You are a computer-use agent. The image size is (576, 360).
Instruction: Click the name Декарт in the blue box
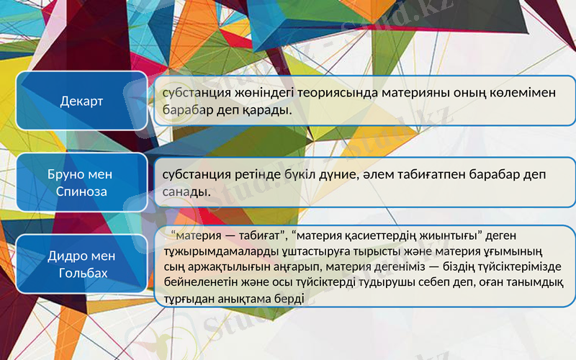tap(81, 102)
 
